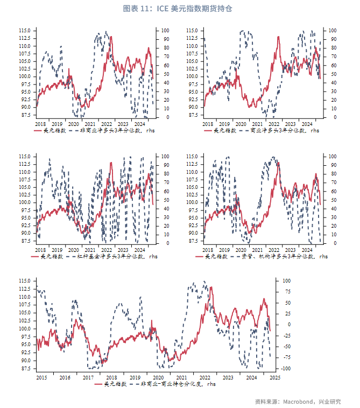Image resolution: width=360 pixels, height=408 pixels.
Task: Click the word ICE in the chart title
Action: click(164, 9)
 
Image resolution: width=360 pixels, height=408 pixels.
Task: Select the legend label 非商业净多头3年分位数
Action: click(110, 130)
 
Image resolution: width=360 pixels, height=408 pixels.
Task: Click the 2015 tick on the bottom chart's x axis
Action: click(41, 377)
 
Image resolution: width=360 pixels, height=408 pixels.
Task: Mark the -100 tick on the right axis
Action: click(287, 369)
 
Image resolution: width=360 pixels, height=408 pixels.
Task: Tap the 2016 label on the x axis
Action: click(65, 377)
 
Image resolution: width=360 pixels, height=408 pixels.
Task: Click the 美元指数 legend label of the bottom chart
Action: click(115, 384)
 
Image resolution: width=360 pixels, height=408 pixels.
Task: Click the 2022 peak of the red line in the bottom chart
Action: click(210, 287)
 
